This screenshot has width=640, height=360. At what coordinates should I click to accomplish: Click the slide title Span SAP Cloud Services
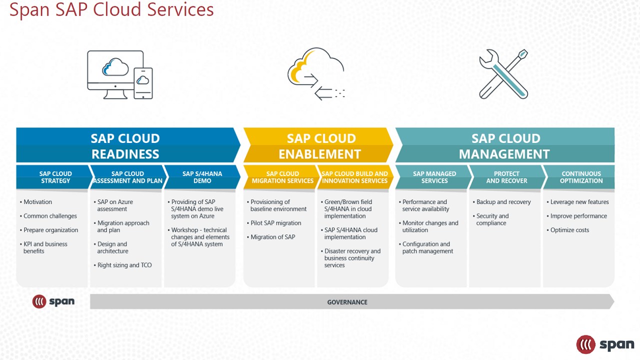click(111, 9)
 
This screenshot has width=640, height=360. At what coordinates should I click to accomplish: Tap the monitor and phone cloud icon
click(119, 74)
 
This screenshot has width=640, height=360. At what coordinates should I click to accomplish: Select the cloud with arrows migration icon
click(316, 74)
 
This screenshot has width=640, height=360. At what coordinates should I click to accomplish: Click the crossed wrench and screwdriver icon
click(504, 74)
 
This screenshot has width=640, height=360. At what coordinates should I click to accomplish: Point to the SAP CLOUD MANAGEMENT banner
click(505, 145)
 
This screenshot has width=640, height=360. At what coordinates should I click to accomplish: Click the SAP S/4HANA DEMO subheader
click(202, 177)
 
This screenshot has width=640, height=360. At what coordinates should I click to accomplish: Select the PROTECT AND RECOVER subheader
click(506, 177)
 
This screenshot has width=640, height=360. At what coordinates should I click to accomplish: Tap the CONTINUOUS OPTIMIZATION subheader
click(581, 177)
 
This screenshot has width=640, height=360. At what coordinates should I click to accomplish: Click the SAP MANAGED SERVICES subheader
click(434, 177)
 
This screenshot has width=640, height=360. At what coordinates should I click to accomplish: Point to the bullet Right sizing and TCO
click(124, 265)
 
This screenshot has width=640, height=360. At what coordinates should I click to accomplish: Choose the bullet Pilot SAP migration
click(275, 223)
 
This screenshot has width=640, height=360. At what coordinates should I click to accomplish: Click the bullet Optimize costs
click(569, 230)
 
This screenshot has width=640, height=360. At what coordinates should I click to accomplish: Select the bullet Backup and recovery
click(503, 202)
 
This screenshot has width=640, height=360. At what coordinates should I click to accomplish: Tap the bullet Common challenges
click(50, 216)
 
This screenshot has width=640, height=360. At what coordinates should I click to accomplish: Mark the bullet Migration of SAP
click(272, 237)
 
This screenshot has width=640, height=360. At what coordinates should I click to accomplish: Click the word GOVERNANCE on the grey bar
click(347, 302)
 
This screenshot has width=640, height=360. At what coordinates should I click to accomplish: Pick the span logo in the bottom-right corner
click(605, 344)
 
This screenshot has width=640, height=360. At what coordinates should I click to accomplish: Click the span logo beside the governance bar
click(53, 301)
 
